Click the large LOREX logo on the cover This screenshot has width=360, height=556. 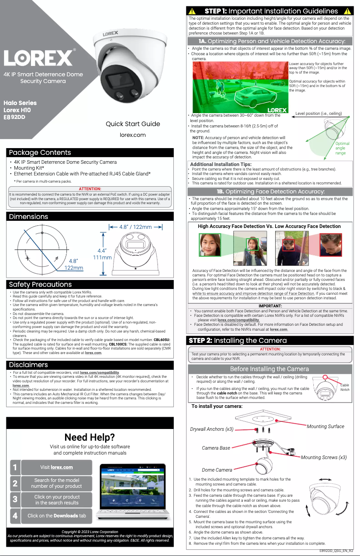[x=40, y=57]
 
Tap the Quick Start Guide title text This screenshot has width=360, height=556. [x=133, y=124]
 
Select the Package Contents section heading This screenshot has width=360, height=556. [x=40, y=153]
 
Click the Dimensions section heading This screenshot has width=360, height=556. [x=29, y=216]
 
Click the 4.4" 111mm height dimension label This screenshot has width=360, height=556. [x=102, y=254]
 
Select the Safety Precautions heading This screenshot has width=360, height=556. [x=40, y=284]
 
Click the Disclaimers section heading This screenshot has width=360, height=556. [x=29, y=364]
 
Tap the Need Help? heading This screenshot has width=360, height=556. [x=89, y=437]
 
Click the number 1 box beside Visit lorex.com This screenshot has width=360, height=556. [x=15, y=468]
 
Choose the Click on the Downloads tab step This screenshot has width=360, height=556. [x=57, y=516]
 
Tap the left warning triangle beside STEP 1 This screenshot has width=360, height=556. [x=192, y=11]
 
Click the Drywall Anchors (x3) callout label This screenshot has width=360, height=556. [x=212, y=429]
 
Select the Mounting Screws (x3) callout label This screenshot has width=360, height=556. [x=323, y=457]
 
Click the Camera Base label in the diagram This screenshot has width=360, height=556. [x=216, y=448]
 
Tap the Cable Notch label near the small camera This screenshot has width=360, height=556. [x=345, y=387]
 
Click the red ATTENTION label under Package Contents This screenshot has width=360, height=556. [x=90, y=189]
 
